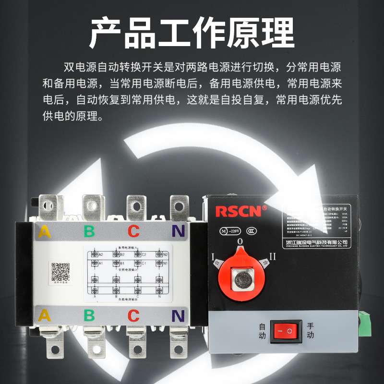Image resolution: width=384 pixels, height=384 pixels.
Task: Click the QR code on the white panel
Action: click(x=61, y=272)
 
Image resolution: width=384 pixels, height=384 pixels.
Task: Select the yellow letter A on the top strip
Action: click(x=45, y=231)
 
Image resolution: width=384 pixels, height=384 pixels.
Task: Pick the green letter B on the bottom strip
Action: click(x=89, y=315)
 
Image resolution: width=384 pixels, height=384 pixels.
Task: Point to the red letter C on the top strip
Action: click(x=133, y=231)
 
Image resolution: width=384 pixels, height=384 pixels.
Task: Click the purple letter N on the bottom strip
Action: click(x=178, y=315)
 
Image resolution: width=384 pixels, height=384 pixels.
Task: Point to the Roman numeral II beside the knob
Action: click(x=272, y=257)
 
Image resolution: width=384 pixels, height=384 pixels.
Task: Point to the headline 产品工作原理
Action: click(x=192, y=33)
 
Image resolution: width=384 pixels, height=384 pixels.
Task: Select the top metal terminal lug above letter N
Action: click(x=178, y=207)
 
